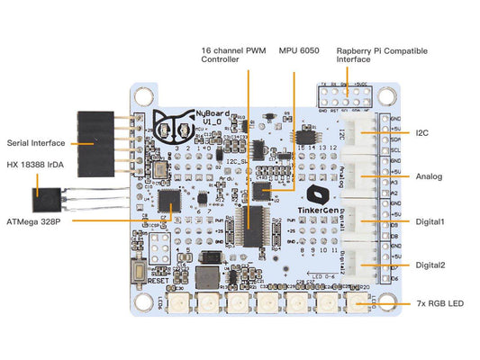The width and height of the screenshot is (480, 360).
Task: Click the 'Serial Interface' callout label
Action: pos(36,141)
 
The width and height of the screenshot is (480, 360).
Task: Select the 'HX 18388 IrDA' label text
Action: pos(35,166)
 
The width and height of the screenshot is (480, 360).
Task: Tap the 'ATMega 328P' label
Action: pos(34,219)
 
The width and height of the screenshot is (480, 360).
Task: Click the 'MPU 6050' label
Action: pos(300,50)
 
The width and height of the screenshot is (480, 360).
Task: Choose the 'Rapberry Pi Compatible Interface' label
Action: pos(382,56)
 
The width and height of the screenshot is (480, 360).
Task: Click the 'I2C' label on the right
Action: pos(422,134)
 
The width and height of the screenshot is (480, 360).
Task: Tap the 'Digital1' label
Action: pos(430,220)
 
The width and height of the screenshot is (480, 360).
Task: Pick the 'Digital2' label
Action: pos(430,265)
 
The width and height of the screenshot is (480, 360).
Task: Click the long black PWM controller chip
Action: pos(254,224)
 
